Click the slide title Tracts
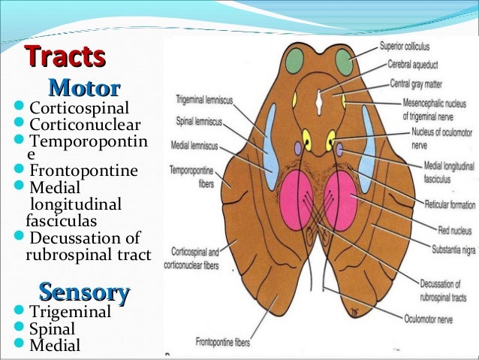[65, 57]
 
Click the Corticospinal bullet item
[79, 108]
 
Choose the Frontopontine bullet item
[83, 171]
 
